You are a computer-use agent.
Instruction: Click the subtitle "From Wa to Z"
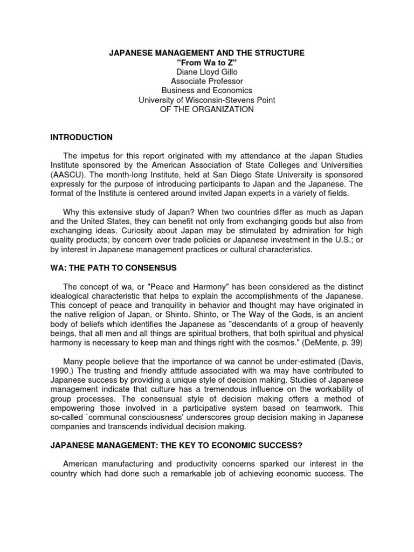coord(207,62)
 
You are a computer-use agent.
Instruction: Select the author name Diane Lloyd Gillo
coord(207,71)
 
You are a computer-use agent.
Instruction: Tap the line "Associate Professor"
coord(207,81)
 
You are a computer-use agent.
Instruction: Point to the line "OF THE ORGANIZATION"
coord(207,109)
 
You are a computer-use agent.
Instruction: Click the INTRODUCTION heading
coord(81,137)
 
